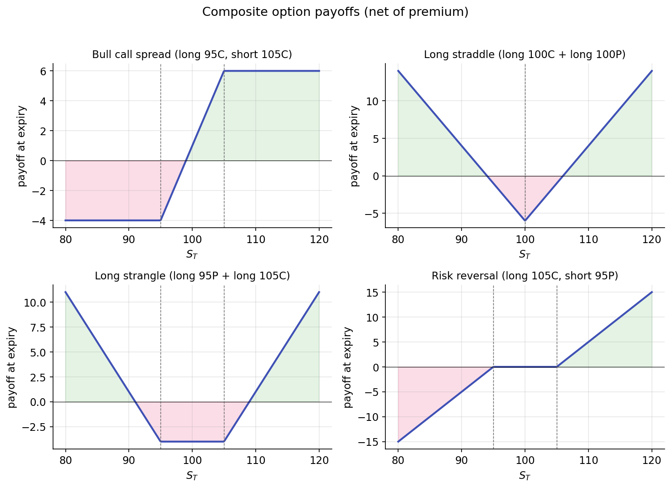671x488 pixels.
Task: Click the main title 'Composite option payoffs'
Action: pos(335,12)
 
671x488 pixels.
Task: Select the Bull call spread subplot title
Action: pos(192,55)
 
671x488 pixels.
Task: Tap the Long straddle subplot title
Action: pos(525,55)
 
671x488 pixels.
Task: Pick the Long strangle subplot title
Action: pos(192,276)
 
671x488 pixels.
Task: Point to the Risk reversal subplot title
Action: pos(525,276)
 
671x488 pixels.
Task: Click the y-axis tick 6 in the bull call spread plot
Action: pos(44,71)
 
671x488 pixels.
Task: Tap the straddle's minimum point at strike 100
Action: pos(525,220)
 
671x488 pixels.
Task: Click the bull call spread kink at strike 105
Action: pos(224,71)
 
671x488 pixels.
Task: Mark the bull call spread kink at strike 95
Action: pos(160,220)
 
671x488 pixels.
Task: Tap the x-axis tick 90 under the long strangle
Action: pos(129,459)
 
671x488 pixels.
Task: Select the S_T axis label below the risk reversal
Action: pos(525,476)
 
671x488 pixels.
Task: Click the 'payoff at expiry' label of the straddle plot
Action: pos(355,146)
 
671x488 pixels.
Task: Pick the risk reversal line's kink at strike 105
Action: pos(557,367)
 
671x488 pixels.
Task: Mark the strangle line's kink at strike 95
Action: pos(160,441)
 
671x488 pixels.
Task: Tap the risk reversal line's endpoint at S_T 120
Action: pos(652,292)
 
